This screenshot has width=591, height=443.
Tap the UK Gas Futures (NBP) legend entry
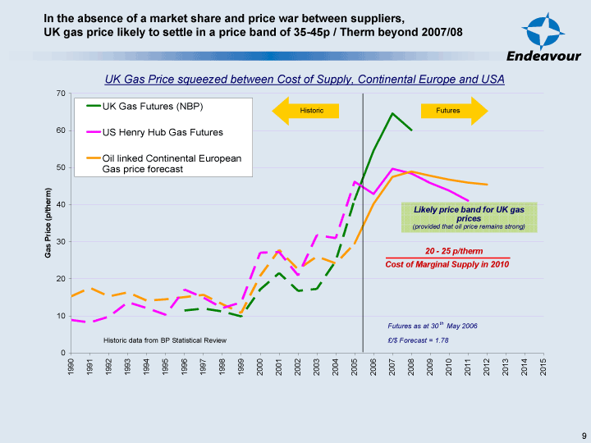[x=152, y=107]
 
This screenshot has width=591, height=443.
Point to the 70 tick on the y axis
[x=60, y=94]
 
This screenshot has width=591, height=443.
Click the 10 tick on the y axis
[x=60, y=316]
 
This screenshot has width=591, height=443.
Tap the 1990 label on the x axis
[x=71, y=366]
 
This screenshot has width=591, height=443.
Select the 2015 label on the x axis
[x=543, y=366]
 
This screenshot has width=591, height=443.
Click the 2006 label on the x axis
[x=373, y=366]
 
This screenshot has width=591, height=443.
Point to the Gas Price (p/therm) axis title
[x=48, y=223]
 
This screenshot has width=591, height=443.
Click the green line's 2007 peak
[x=392, y=113]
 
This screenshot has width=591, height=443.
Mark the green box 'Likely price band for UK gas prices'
[x=469, y=217]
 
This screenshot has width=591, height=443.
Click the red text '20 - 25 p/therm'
[x=454, y=251]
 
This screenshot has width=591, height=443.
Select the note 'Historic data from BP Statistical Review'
[x=164, y=340]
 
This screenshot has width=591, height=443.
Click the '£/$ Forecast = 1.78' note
[x=418, y=340]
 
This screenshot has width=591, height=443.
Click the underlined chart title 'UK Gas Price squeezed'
[x=304, y=80]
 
